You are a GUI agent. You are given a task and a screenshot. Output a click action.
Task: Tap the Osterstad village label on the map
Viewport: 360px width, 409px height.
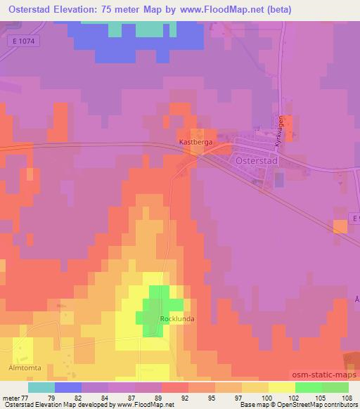click(x=257, y=160)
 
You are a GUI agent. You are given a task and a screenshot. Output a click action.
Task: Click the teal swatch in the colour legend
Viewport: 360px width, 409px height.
click(x=41, y=388)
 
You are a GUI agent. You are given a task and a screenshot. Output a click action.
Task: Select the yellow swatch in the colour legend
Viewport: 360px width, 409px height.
click(x=281, y=388)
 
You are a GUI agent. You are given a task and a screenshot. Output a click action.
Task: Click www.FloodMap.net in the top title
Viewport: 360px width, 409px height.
click(x=218, y=10)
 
